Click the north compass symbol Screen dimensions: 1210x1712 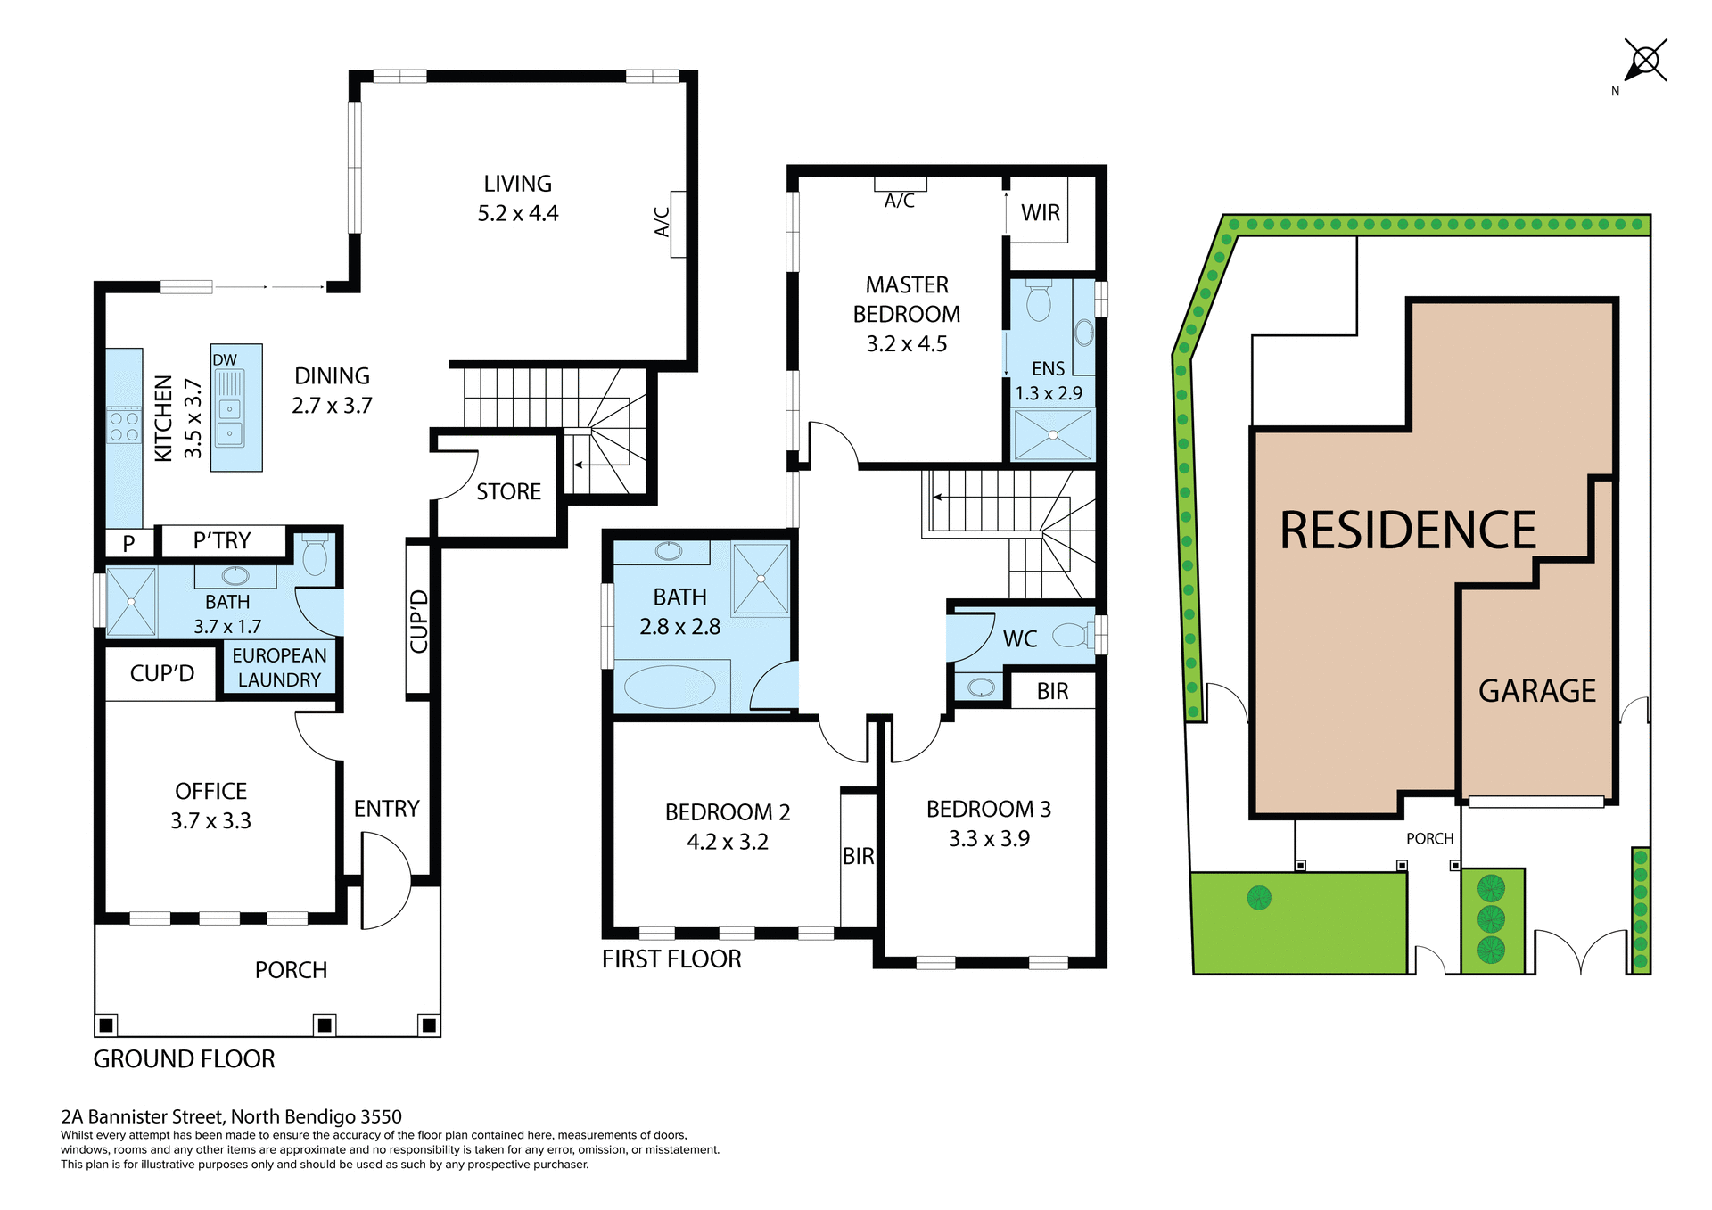pos(1645,62)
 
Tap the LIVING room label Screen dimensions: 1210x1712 pos(517,184)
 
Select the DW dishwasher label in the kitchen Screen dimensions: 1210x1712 pos(225,359)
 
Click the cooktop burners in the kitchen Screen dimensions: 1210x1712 pos(124,426)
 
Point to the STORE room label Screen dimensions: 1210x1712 pos(508,491)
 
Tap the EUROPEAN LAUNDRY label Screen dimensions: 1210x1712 pos(279,667)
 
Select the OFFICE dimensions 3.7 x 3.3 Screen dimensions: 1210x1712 pos(210,820)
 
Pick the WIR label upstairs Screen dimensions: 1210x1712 pos(1041,213)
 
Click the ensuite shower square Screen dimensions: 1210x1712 pos(1053,435)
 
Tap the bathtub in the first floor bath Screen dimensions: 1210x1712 pos(670,687)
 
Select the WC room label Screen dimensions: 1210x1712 pos(1020,638)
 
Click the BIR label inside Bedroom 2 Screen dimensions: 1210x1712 pos(858,856)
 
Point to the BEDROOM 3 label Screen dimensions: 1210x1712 pos(988,809)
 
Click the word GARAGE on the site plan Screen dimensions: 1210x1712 pos(1536,691)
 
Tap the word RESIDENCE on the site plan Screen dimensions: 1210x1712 pos(1407,531)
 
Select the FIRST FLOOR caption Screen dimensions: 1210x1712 pos(671,959)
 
